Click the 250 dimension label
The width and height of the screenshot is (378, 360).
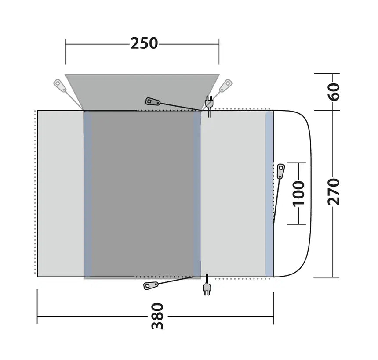tap(144, 43)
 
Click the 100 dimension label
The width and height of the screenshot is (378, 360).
tap(298, 192)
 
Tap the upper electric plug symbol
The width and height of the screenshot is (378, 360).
tap(209, 104)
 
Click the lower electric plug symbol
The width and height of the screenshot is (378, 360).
tap(206, 288)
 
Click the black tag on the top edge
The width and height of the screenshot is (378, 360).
tap(153, 101)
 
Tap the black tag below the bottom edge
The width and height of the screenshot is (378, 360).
tap(151, 286)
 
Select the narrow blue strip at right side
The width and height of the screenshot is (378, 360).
tap(269, 193)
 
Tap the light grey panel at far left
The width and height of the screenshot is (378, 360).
tap(60, 193)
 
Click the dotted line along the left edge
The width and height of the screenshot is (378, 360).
tap(34, 193)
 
